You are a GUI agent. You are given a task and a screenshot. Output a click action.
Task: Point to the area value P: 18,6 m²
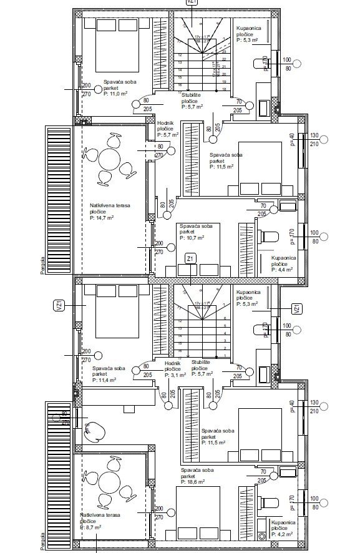[193, 482]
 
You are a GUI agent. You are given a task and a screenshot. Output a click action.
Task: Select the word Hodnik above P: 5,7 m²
[166, 124]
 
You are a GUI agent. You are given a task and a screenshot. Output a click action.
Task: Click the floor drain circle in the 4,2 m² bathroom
[261, 536]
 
